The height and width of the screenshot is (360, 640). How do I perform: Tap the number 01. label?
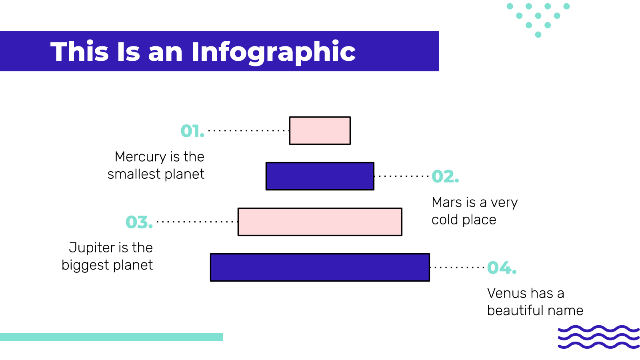click(x=192, y=131)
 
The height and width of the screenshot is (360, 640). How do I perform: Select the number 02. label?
click(x=445, y=176)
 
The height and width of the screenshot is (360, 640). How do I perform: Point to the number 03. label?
click(x=139, y=222)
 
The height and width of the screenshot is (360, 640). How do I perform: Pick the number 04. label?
click(x=502, y=268)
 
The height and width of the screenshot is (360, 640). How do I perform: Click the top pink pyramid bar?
click(x=320, y=130)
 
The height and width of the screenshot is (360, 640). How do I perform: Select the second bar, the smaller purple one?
click(x=320, y=176)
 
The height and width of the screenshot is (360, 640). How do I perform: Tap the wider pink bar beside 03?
click(x=320, y=222)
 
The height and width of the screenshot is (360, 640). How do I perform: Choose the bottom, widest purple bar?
click(x=320, y=268)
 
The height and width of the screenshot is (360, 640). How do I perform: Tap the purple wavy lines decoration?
click(x=598, y=337)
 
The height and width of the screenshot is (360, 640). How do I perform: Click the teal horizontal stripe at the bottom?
click(x=112, y=337)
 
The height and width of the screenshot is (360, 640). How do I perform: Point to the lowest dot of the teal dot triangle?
click(x=538, y=34)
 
